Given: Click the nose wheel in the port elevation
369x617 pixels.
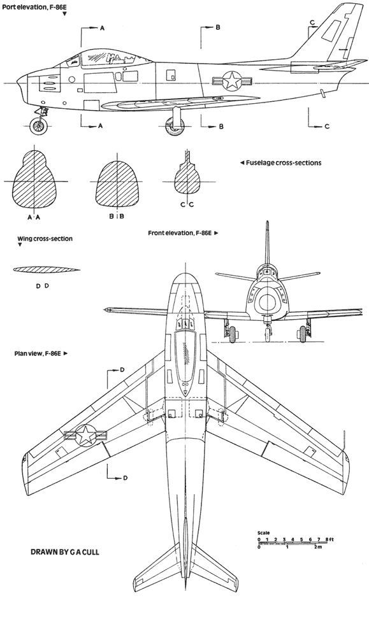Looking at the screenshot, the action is [39, 126].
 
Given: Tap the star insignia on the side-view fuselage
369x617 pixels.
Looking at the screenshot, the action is [231, 81].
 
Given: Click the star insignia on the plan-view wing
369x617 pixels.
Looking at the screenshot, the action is [85, 435].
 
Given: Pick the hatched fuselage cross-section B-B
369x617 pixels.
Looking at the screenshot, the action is [117, 183].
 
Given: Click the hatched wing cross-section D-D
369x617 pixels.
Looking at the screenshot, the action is [47, 270].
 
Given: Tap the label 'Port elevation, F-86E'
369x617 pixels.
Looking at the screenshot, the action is [34, 6].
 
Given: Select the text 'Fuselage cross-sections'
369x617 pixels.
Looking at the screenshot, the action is [284, 162].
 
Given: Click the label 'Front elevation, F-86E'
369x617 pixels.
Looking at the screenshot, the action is [180, 233].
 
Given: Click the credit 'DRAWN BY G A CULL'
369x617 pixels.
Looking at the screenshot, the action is [65, 552].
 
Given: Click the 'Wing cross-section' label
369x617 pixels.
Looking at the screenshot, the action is [45, 239].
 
